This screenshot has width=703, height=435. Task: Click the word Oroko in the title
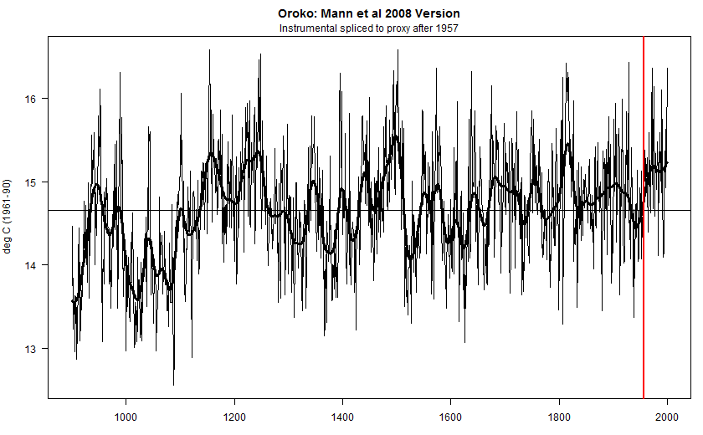click(x=295, y=14)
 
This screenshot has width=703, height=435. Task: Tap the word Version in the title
click(x=431, y=14)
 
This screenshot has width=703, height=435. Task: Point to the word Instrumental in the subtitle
click(x=307, y=28)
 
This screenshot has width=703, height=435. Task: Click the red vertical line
click(x=643, y=251)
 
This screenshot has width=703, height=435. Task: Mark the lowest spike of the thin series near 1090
click(x=174, y=383)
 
